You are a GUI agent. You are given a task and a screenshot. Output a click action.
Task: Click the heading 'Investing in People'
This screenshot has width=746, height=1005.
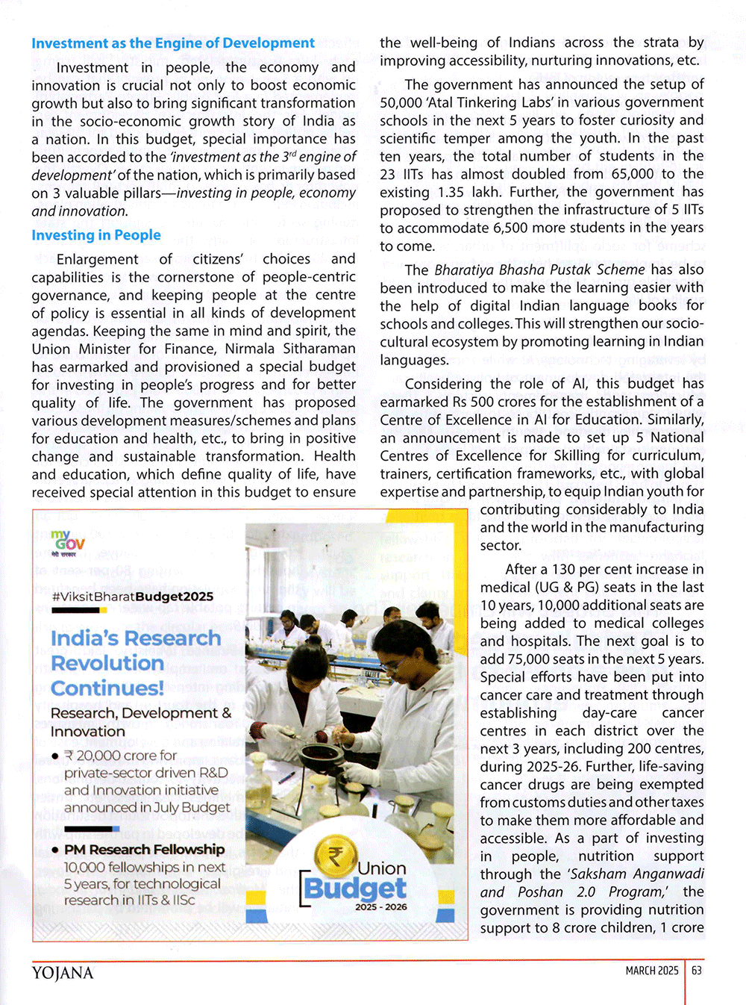tap(96, 235)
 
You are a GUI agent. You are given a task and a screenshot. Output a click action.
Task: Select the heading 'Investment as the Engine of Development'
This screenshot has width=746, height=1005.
tap(173, 43)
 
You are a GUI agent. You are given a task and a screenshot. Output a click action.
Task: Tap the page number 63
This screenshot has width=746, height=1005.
tap(697, 971)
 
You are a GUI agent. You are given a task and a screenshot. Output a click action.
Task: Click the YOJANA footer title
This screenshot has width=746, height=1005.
tap(63, 973)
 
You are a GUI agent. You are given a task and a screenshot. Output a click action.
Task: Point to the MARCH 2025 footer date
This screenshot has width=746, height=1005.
tap(652, 971)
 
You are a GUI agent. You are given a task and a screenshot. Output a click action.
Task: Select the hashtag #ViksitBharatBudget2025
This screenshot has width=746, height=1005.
tap(133, 597)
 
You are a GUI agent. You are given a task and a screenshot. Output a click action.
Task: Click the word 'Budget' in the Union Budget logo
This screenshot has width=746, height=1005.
tap(356, 888)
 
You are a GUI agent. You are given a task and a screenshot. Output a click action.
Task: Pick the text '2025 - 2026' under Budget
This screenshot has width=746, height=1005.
tap(380, 907)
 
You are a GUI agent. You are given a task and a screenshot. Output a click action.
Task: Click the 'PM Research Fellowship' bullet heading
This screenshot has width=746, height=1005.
tap(144, 850)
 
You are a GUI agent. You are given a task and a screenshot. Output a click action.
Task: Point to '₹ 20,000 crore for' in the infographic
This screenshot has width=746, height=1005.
tap(121, 756)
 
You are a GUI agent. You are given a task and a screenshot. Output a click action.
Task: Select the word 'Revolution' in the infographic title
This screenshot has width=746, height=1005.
tap(107, 663)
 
